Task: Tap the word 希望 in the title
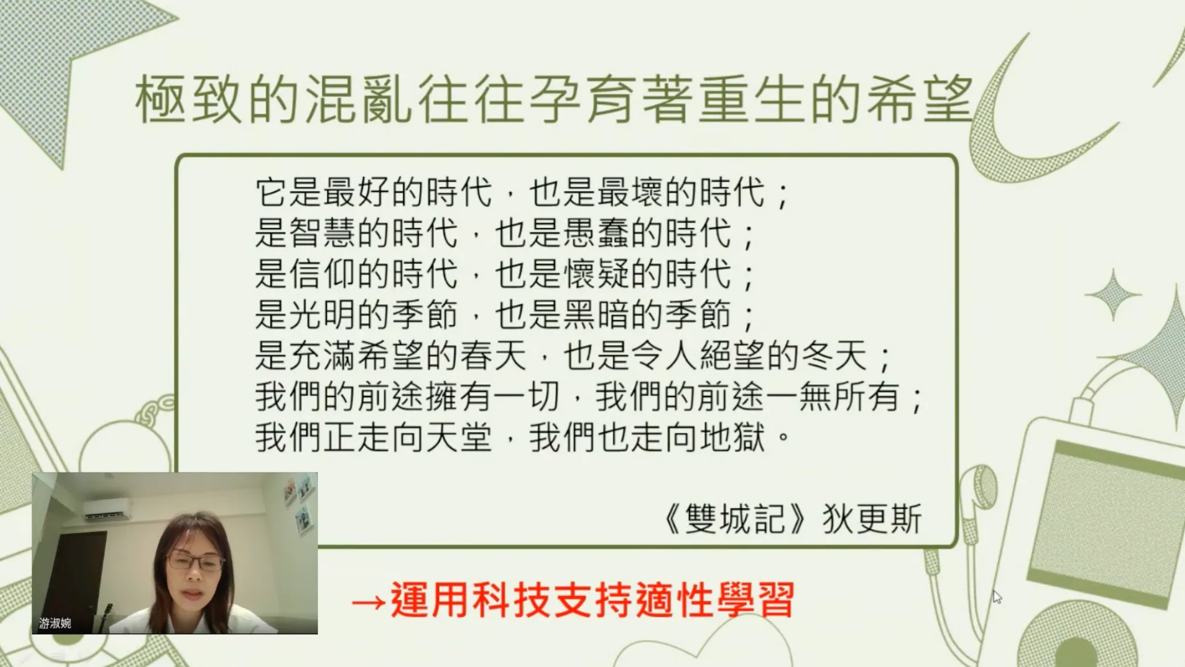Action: click(x=920, y=99)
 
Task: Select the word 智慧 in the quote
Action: click(x=323, y=233)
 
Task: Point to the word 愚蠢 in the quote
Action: click(x=597, y=233)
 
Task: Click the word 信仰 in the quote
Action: click(x=323, y=274)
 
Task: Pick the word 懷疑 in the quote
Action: click(x=597, y=274)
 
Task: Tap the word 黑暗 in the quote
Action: click(x=597, y=315)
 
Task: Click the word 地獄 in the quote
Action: click(x=733, y=437)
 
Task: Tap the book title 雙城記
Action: click(x=735, y=519)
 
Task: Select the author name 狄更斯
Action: click(x=872, y=519)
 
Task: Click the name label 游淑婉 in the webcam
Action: click(x=55, y=623)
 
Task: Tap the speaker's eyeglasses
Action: click(x=195, y=562)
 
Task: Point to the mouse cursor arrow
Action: click(x=997, y=597)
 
